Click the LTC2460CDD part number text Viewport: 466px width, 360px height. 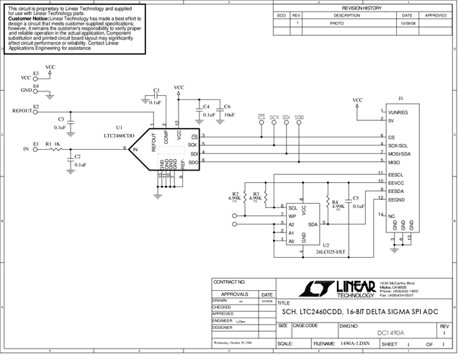[x=119, y=135]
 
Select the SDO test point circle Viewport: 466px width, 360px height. [x=300, y=123]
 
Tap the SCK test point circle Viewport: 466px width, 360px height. [x=274, y=123]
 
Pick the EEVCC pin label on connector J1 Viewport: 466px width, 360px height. [x=398, y=182]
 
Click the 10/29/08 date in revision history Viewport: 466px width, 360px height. [x=407, y=23]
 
